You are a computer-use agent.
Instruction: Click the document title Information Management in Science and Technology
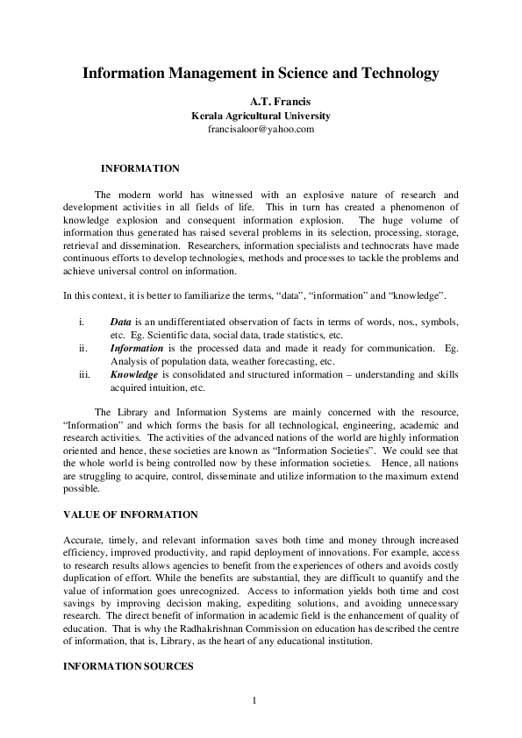click(261, 75)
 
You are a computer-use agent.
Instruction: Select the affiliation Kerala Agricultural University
click(261, 116)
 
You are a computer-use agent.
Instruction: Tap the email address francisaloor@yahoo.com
click(261, 129)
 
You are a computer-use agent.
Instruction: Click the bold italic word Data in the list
click(121, 323)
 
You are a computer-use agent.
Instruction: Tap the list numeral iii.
click(84, 373)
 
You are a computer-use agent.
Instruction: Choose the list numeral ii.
click(83, 348)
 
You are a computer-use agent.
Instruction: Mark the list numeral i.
click(82, 323)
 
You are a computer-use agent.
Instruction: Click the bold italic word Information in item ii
click(137, 348)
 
